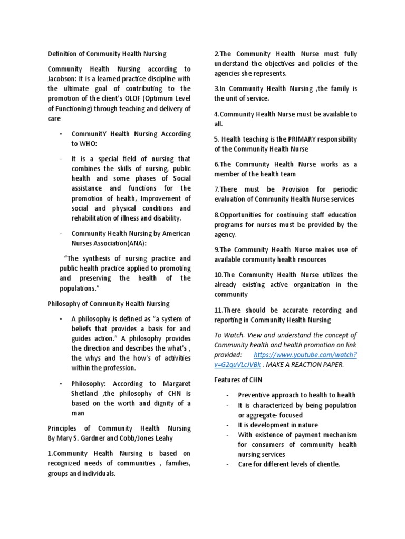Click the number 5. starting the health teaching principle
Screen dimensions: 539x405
click(217, 139)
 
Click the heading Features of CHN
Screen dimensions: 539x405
click(239, 380)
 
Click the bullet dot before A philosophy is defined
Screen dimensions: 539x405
click(61, 319)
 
